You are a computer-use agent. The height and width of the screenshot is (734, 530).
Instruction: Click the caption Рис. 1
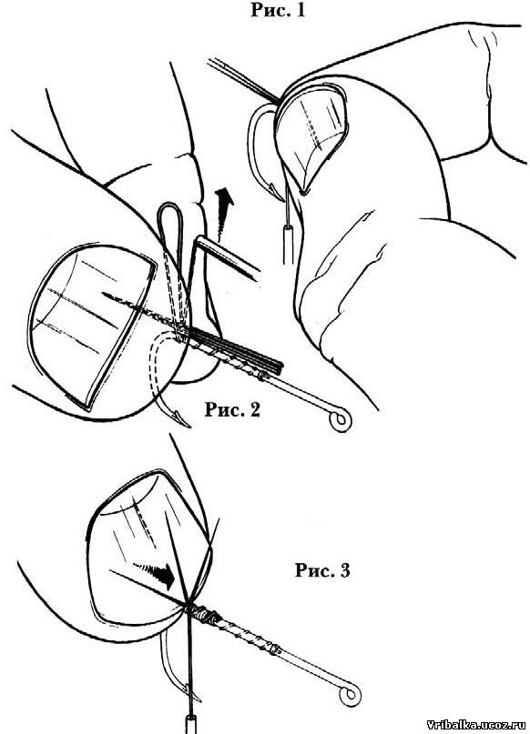pos(278,9)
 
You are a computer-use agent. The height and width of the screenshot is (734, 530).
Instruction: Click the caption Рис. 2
pos(232,409)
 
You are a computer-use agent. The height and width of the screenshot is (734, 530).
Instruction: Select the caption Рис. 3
pos(322,570)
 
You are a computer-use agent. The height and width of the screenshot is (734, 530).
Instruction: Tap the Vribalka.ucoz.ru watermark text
pos(477,725)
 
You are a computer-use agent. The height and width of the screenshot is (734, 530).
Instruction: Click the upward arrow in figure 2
pos(224,211)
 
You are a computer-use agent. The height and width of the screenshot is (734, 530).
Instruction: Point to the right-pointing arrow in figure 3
pos(154,575)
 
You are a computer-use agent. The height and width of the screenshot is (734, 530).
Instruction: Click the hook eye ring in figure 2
pos(340,420)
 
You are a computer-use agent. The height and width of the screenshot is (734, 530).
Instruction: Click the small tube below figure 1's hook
pos(289,245)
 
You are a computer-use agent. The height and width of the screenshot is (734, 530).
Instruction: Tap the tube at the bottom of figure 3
pos(192,724)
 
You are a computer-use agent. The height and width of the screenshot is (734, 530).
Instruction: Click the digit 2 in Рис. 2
pos(254,410)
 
